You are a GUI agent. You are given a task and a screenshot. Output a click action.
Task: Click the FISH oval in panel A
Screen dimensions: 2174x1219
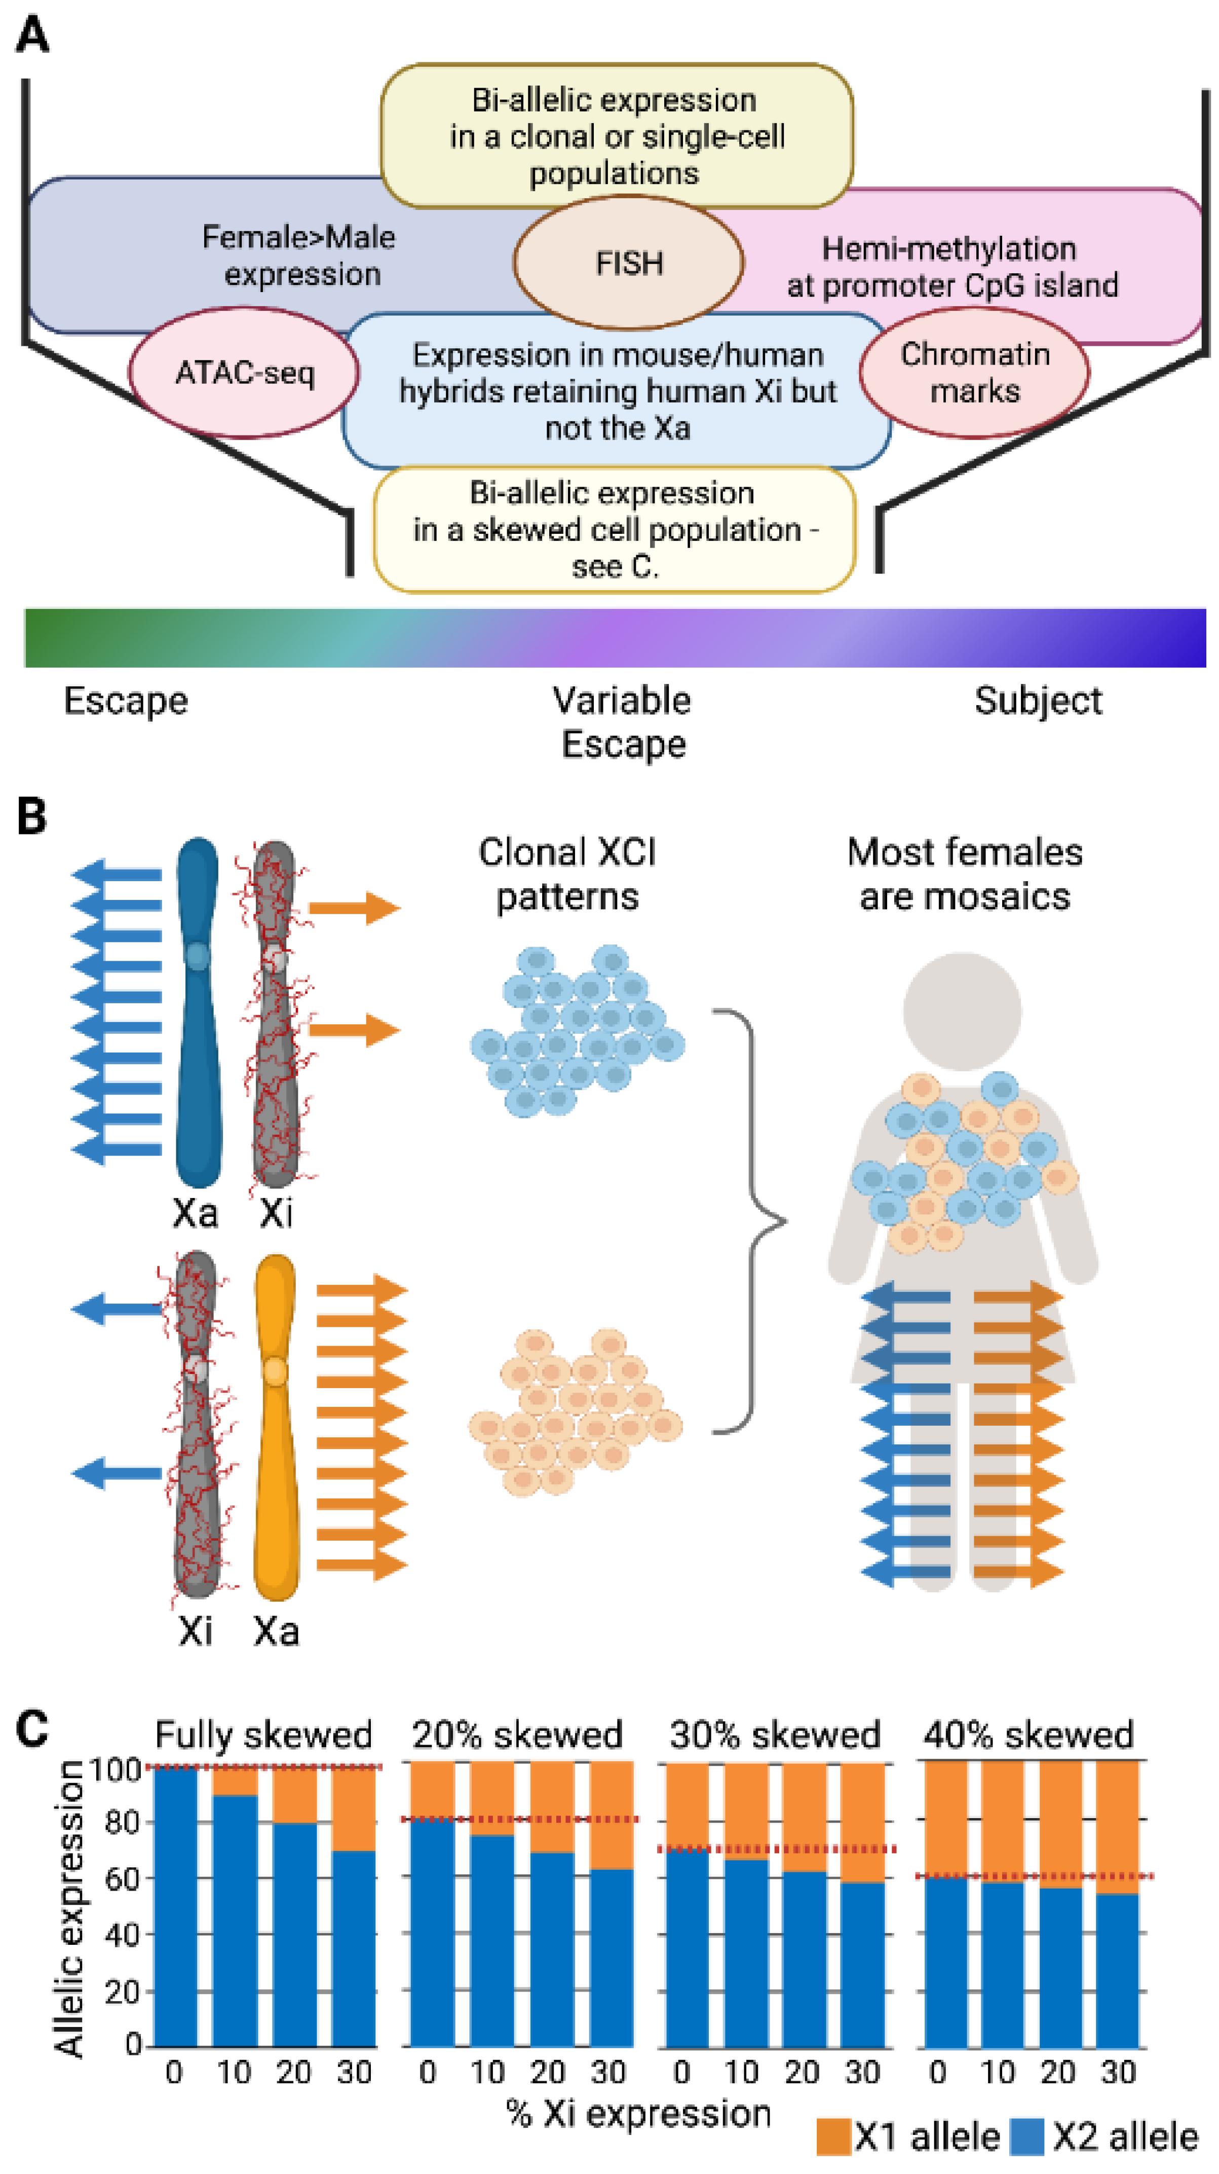[x=628, y=263]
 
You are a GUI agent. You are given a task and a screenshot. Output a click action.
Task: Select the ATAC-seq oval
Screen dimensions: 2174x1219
[x=244, y=372]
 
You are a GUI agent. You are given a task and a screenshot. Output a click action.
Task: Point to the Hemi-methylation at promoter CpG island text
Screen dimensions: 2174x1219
[x=951, y=267]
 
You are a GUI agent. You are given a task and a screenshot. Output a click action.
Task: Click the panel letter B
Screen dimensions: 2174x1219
[x=31, y=816]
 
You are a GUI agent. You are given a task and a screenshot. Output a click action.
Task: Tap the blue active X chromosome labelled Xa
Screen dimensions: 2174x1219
[x=198, y=1013]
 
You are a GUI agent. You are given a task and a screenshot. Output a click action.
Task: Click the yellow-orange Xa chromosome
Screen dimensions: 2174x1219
[x=275, y=1426]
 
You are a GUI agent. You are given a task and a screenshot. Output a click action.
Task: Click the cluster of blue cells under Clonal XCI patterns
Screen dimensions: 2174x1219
[x=578, y=1030]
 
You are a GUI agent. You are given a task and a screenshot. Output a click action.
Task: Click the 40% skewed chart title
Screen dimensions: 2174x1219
[x=1027, y=1735]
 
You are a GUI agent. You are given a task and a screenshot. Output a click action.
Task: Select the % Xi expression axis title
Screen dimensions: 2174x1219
[x=638, y=2114]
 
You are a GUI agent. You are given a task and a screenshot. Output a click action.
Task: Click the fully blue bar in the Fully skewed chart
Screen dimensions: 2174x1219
[x=175, y=1907]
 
